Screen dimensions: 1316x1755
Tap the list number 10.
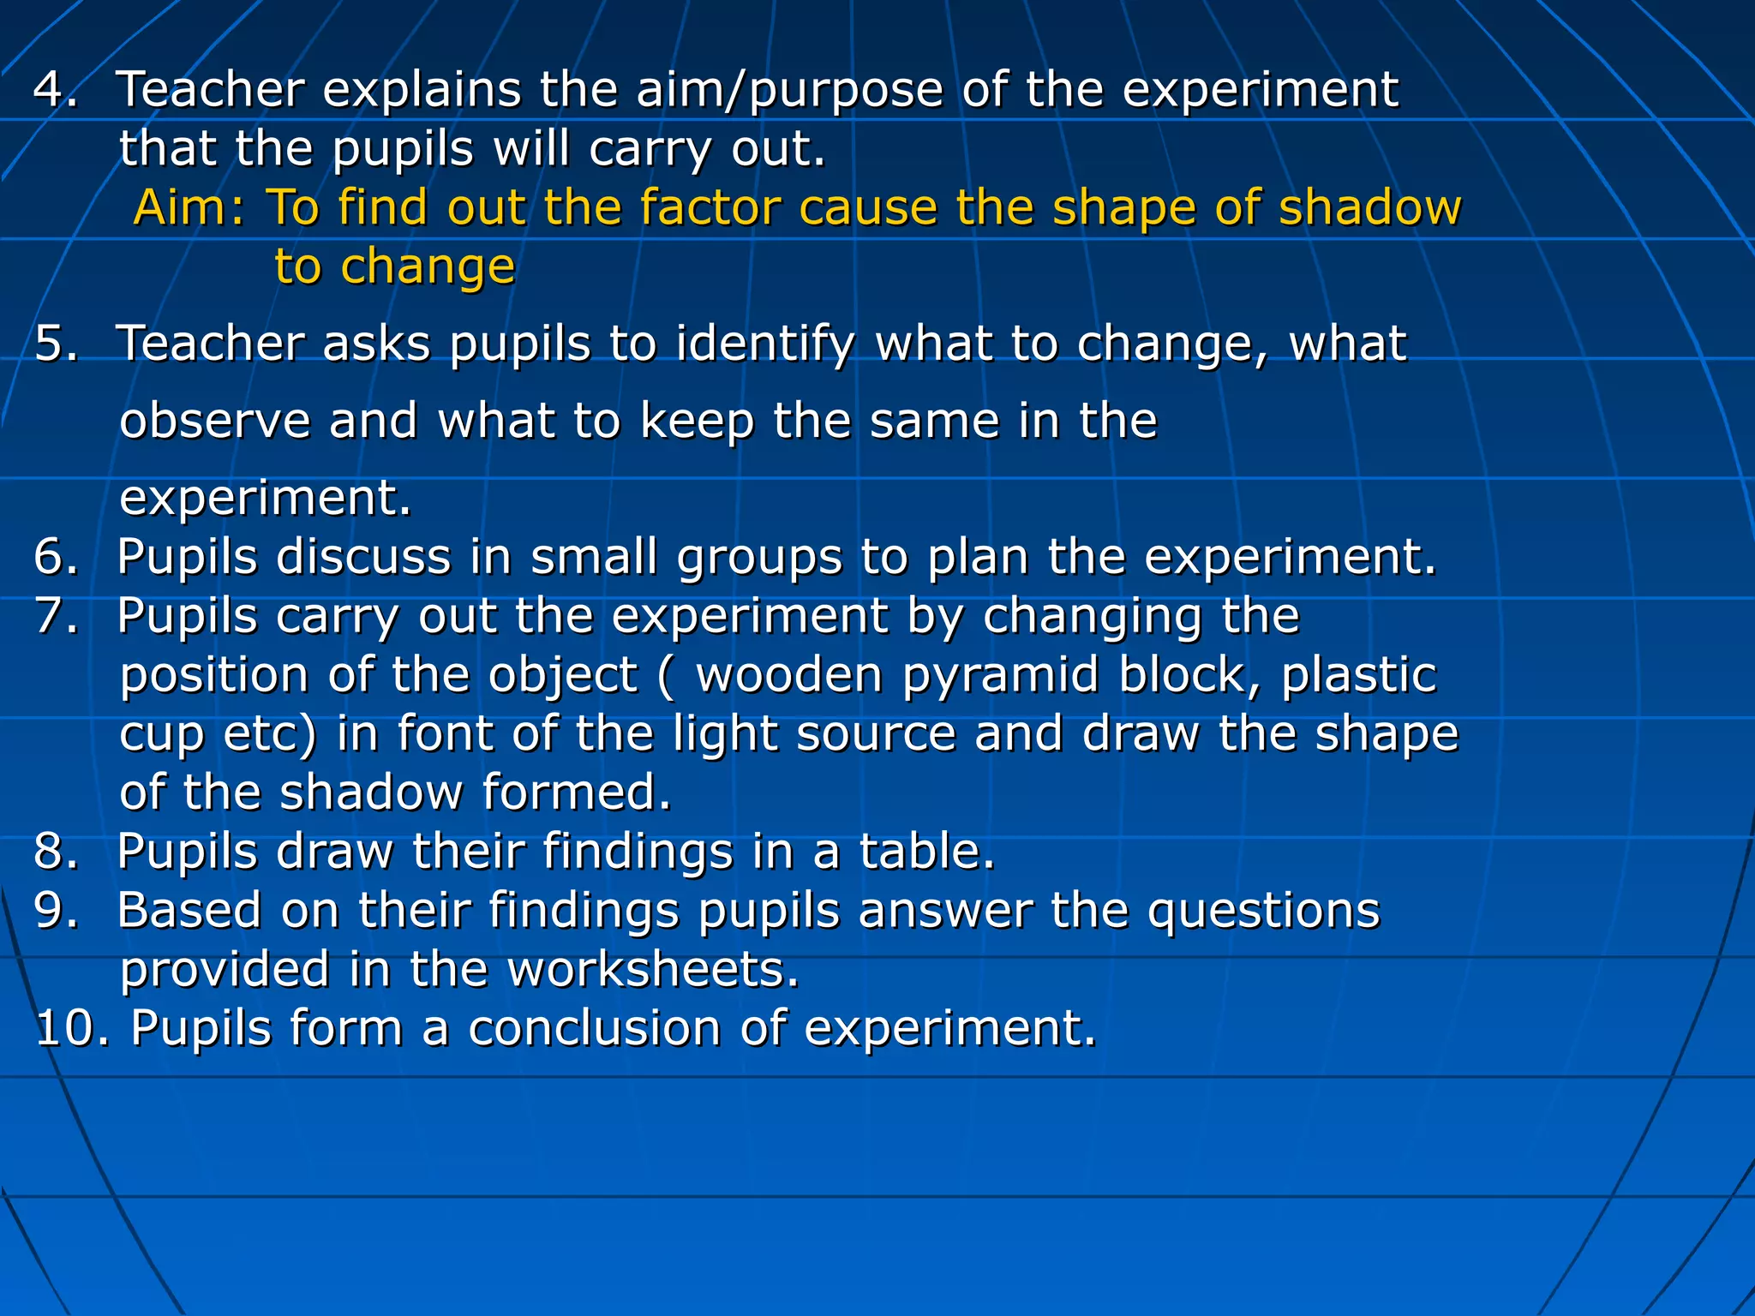point(72,1028)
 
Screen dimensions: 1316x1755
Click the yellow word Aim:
point(189,208)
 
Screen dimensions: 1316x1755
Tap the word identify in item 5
point(765,345)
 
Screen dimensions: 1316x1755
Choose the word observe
point(214,422)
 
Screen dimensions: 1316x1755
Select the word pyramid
point(1000,675)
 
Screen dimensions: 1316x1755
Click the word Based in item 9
point(189,910)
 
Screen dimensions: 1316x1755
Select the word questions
point(1264,912)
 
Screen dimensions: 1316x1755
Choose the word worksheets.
point(653,969)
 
